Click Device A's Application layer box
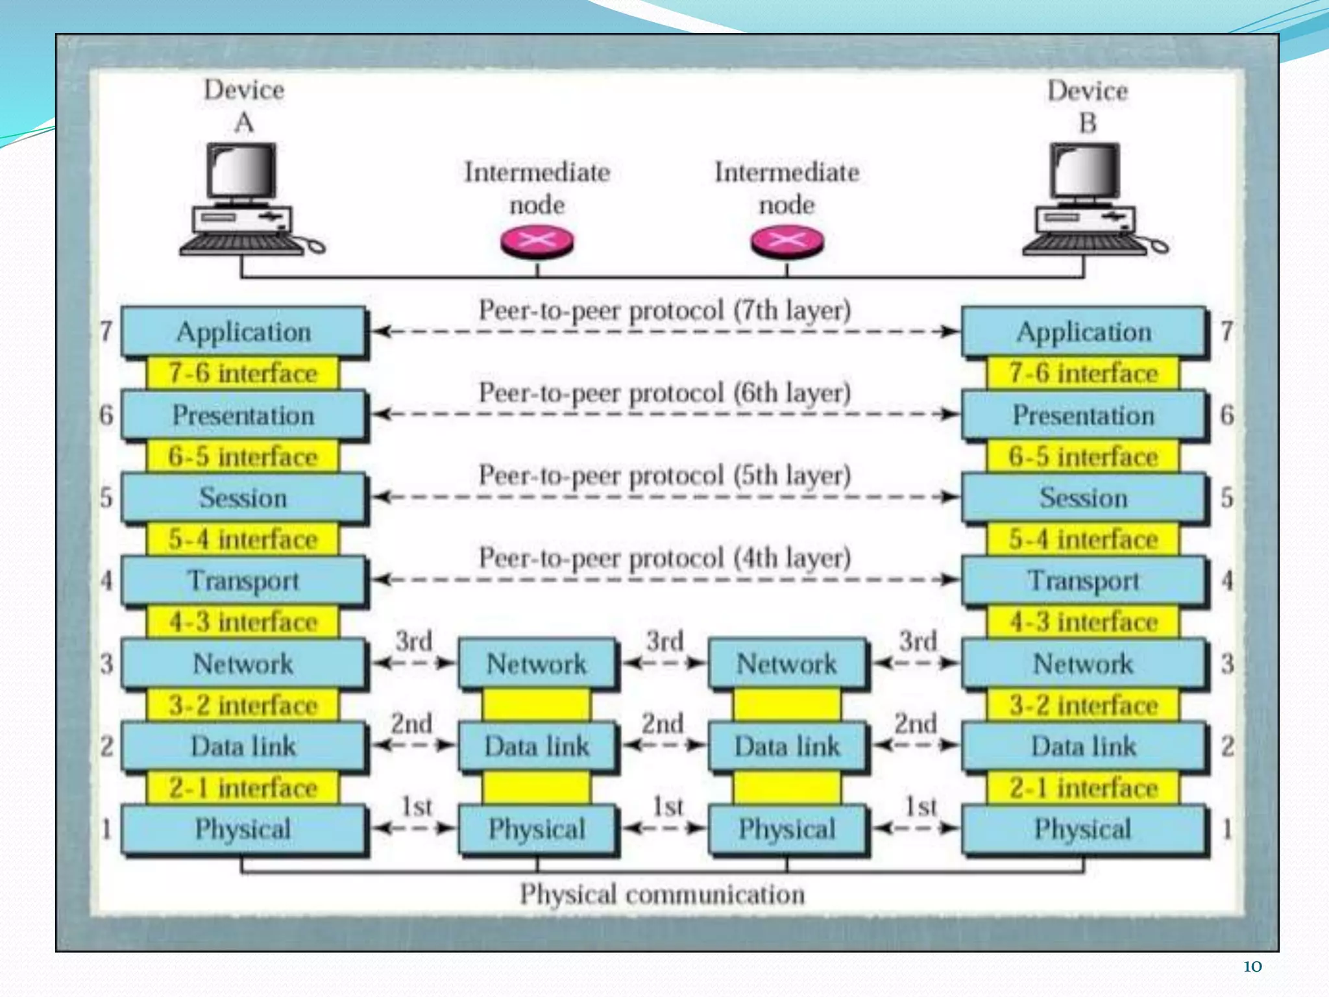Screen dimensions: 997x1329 pyautogui.click(x=243, y=332)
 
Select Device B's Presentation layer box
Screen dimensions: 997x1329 pyautogui.click(x=1083, y=415)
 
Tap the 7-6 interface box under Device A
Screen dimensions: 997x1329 pyautogui.click(x=243, y=373)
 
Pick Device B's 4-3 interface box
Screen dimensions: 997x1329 pyautogui.click(x=1083, y=622)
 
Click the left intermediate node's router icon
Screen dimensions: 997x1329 pyautogui.click(x=537, y=241)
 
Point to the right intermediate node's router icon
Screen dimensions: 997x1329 pyautogui.click(x=787, y=241)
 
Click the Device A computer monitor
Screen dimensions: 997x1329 pyautogui.click(x=241, y=170)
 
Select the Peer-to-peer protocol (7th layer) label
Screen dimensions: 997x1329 pyautogui.click(x=664, y=310)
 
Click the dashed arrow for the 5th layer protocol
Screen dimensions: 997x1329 pyautogui.click(x=664, y=497)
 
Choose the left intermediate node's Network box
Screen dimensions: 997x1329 pyautogui.click(x=537, y=663)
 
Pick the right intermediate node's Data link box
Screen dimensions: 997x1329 pyautogui.click(x=787, y=746)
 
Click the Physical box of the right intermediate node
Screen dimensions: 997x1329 pyautogui.click(x=787, y=829)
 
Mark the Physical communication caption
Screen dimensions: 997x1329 pyautogui.click(x=662, y=894)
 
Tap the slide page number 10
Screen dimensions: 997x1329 pyautogui.click(x=1252, y=966)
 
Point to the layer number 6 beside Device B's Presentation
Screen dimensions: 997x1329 pyautogui.click(x=1226, y=415)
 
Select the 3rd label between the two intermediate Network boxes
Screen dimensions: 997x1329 pyautogui.click(x=664, y=641)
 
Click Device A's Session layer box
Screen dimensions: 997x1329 pyautogui.click(x=243, y=498)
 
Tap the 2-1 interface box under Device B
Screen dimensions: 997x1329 pyautogui.click(x=1083, y=788)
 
